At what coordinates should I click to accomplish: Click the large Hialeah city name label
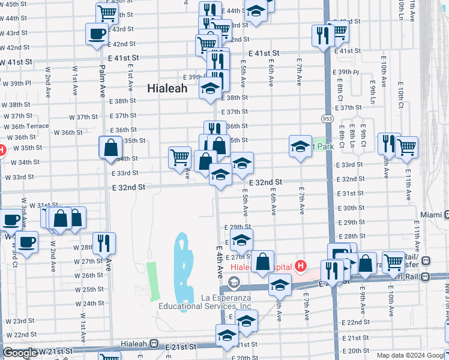coord(167,88)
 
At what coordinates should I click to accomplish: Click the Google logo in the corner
coord(20,353)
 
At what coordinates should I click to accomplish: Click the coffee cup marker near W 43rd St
coord(97,34)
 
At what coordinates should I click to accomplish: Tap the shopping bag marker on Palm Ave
coord(111,148)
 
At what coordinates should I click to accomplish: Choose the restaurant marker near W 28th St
coord(104,243)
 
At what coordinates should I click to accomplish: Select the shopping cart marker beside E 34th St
coord(179,158)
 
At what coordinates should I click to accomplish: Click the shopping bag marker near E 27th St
coord(263,261)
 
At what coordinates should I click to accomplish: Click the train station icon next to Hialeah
coord(155,346)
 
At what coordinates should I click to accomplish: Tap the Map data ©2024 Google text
coord(411,355)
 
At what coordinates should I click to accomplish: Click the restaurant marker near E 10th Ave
coord(389,144)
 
